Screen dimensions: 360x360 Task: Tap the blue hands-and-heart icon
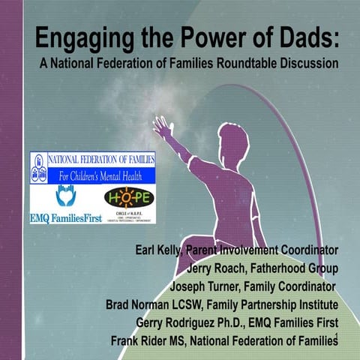click(65, 196)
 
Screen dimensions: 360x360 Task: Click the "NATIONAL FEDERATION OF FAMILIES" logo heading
click(100, 160)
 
